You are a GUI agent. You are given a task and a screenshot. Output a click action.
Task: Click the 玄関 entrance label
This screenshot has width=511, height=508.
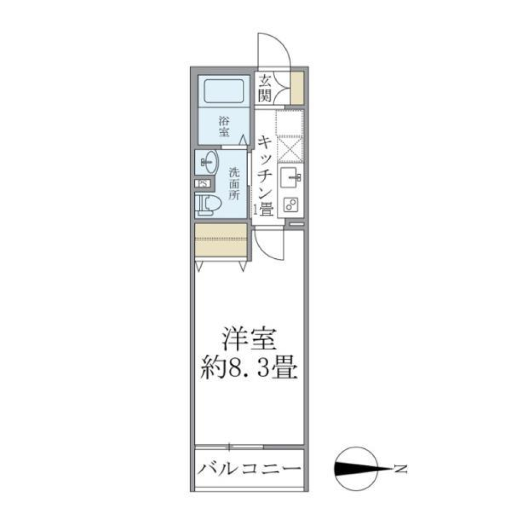pos(265,88)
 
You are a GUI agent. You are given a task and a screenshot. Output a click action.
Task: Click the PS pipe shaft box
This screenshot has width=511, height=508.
pos(203,184)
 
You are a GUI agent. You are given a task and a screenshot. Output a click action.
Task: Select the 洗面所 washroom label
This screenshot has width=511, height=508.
pos(234,184)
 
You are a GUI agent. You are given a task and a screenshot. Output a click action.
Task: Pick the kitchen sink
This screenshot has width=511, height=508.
pos(290,175)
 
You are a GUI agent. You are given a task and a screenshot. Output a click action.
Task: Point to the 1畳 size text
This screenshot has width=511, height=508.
pos(265,209)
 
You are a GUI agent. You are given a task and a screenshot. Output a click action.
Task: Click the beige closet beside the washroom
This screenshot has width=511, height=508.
pos(221,241)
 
